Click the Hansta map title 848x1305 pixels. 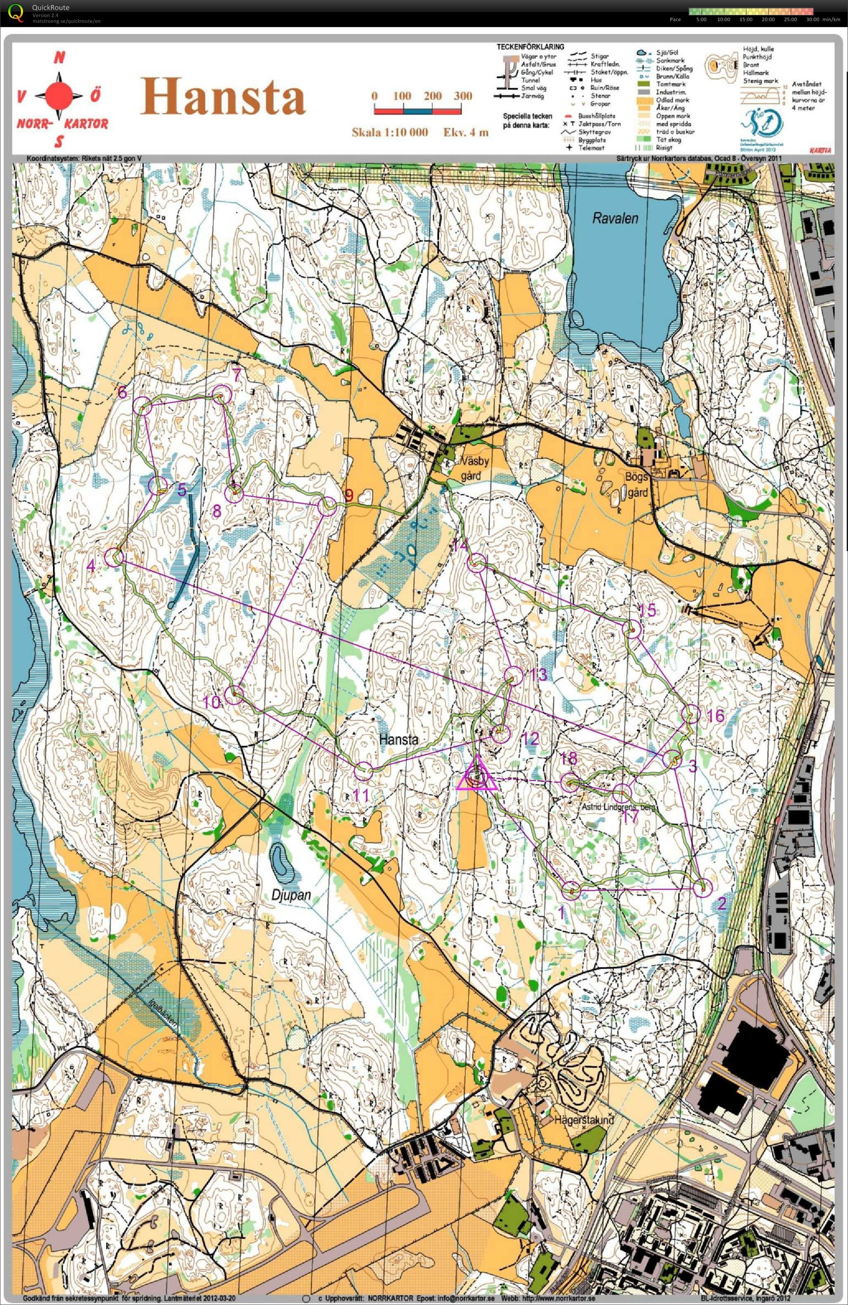click(223, 97)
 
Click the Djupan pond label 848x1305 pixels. click(291, 895)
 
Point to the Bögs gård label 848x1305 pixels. click(637, 484)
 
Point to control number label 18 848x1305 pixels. click(569, 759)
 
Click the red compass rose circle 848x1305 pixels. click(59, 96)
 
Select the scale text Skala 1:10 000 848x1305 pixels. click(389, 132)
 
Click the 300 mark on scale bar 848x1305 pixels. click(462, 96)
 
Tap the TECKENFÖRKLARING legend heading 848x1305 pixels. click(530, 47)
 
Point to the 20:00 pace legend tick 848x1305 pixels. click(768, 19)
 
